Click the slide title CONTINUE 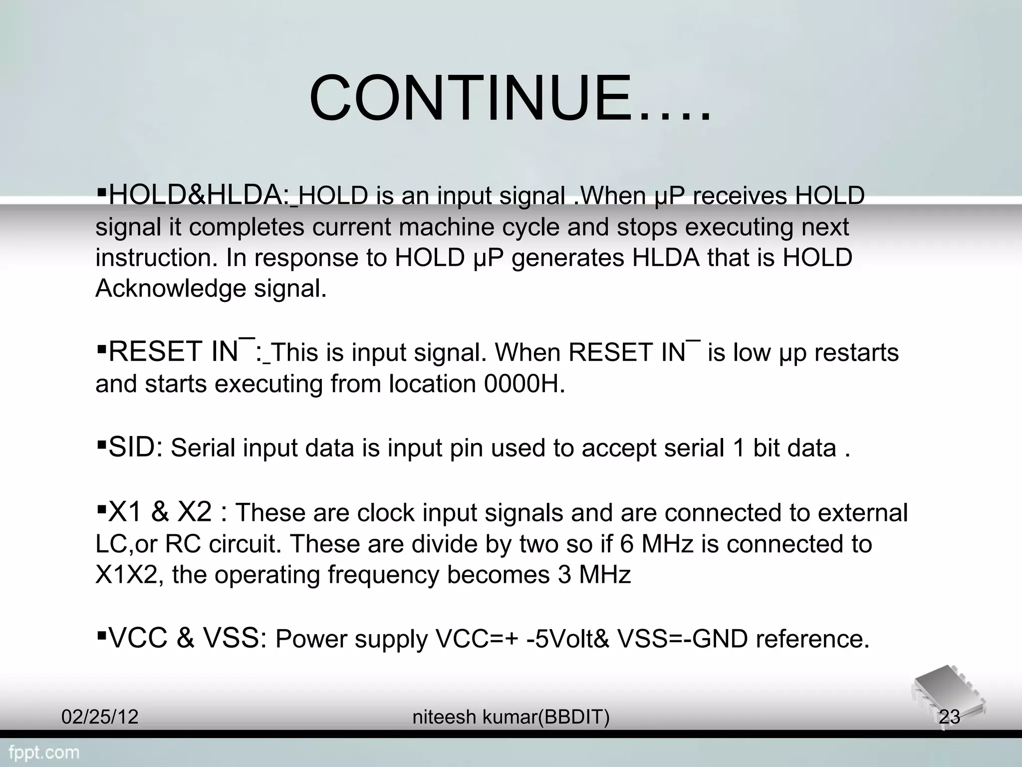click(x=509, y=98)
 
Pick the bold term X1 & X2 click(x=160, y=512)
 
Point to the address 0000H click(x=524, y=384)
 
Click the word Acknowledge click(x=171, y=289)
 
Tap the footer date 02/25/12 click(x=100, y=717)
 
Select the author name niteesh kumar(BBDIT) click(x=511, y=717)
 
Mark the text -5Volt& click(x=568, y=639)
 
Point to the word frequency click(x=383, y=575)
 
